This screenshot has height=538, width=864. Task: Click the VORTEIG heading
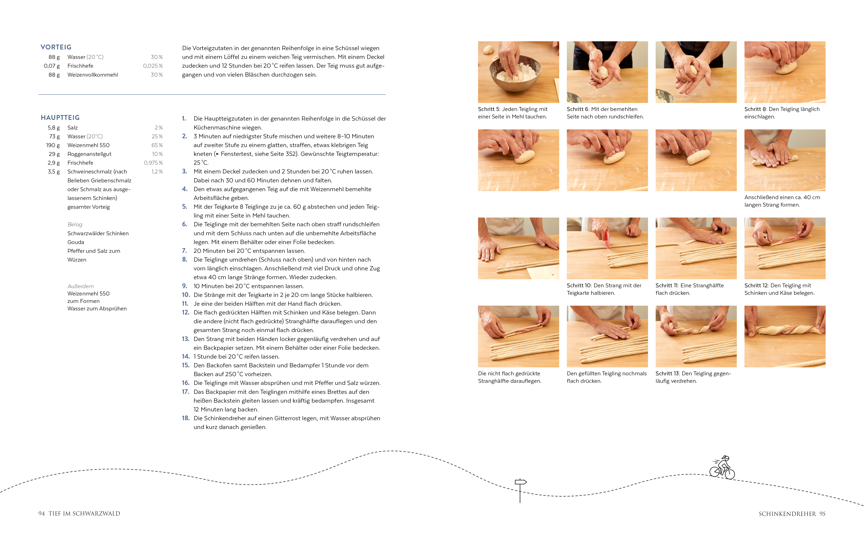pos(56,47)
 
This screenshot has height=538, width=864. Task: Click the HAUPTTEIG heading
pos(60,117)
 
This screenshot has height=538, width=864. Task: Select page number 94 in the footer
pos(42,513)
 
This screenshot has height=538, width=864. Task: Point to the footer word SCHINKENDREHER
pos(787,514)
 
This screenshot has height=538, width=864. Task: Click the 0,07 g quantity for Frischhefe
pos(52,66)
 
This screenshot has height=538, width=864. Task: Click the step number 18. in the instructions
pos(186,418)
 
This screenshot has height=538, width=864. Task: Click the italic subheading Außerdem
pos(81,286)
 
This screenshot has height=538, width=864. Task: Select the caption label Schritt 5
pos(488,109)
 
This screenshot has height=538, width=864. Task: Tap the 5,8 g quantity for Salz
pos(54,128)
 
